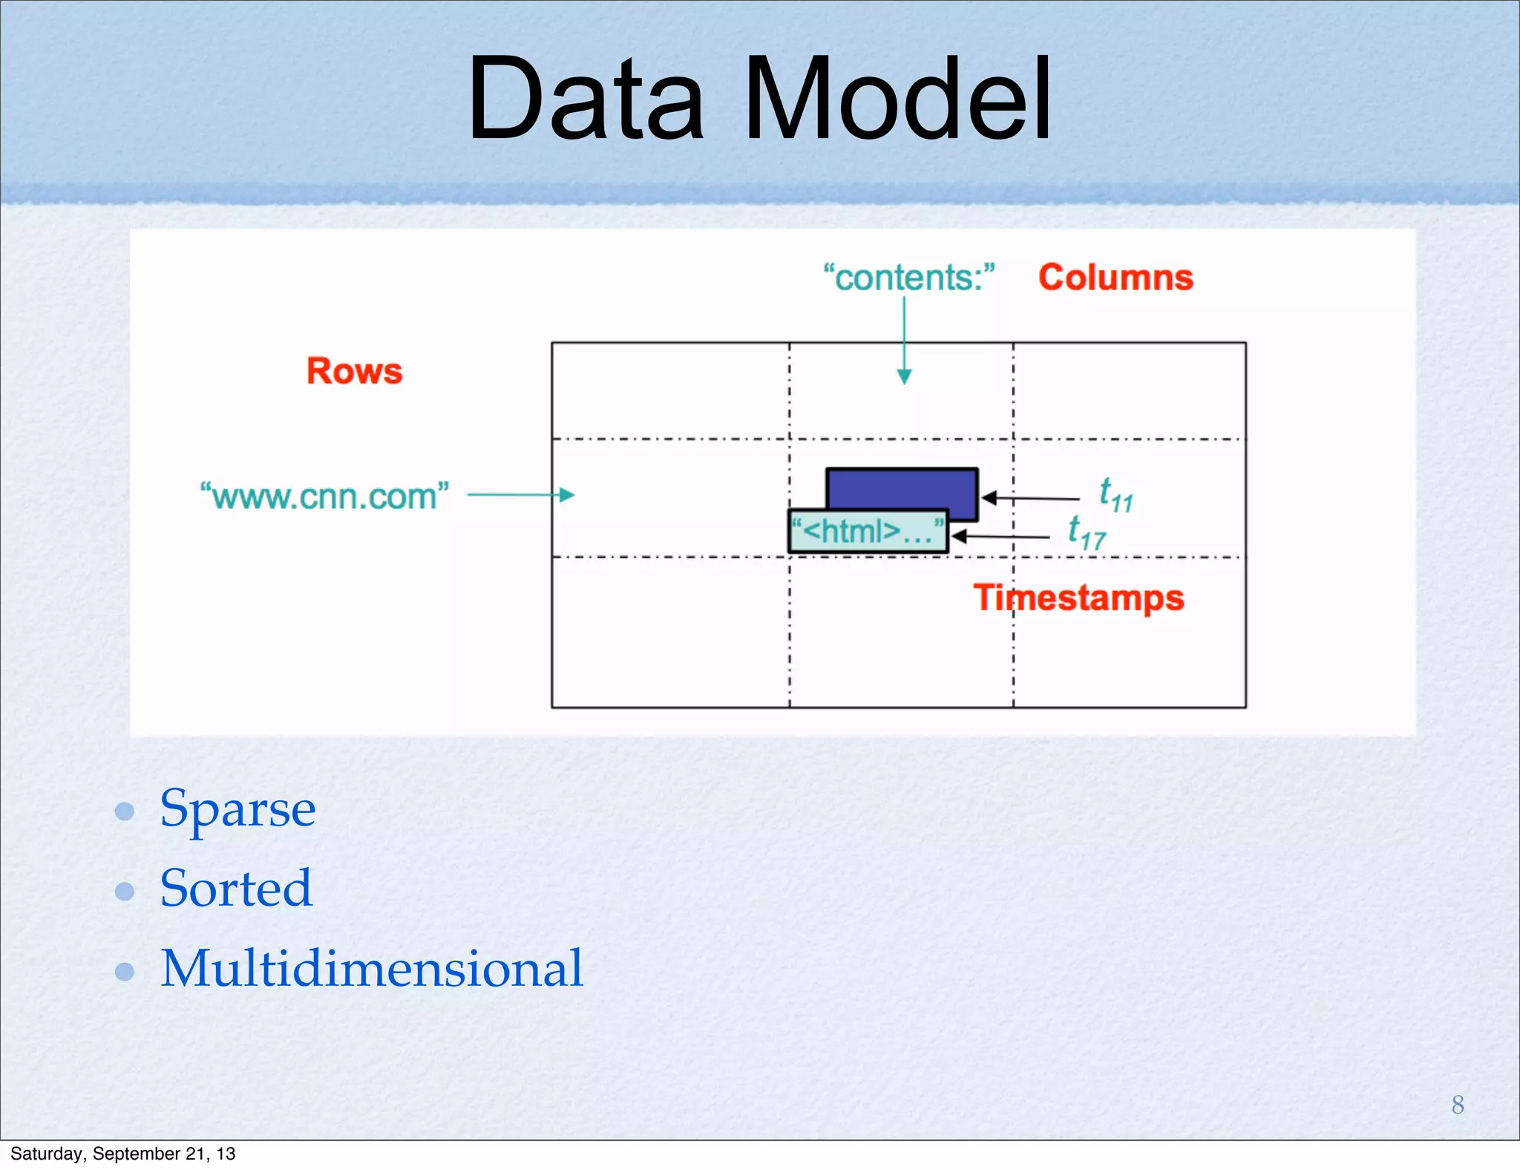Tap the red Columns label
click(x=1115, y=278)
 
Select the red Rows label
click(x=354, y=371)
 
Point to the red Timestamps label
click(x=1078, y=598)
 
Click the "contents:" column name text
click(x=908, y=278)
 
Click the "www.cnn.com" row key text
click(x=324, y=496)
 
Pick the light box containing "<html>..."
click(x=868, y=532)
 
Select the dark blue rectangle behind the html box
click(x=902, y=487)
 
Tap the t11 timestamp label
click(x=1116, y=495)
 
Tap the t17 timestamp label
click(x=1086, y=533)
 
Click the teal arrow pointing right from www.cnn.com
click(x=520, y=494)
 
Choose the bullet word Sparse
click(x=237, y=809)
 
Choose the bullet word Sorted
click(x=236, y=889)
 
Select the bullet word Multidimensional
click(x=372, y=969)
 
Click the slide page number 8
click(x=1457, y=1105)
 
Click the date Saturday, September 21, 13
click(x=122, y=1154)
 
